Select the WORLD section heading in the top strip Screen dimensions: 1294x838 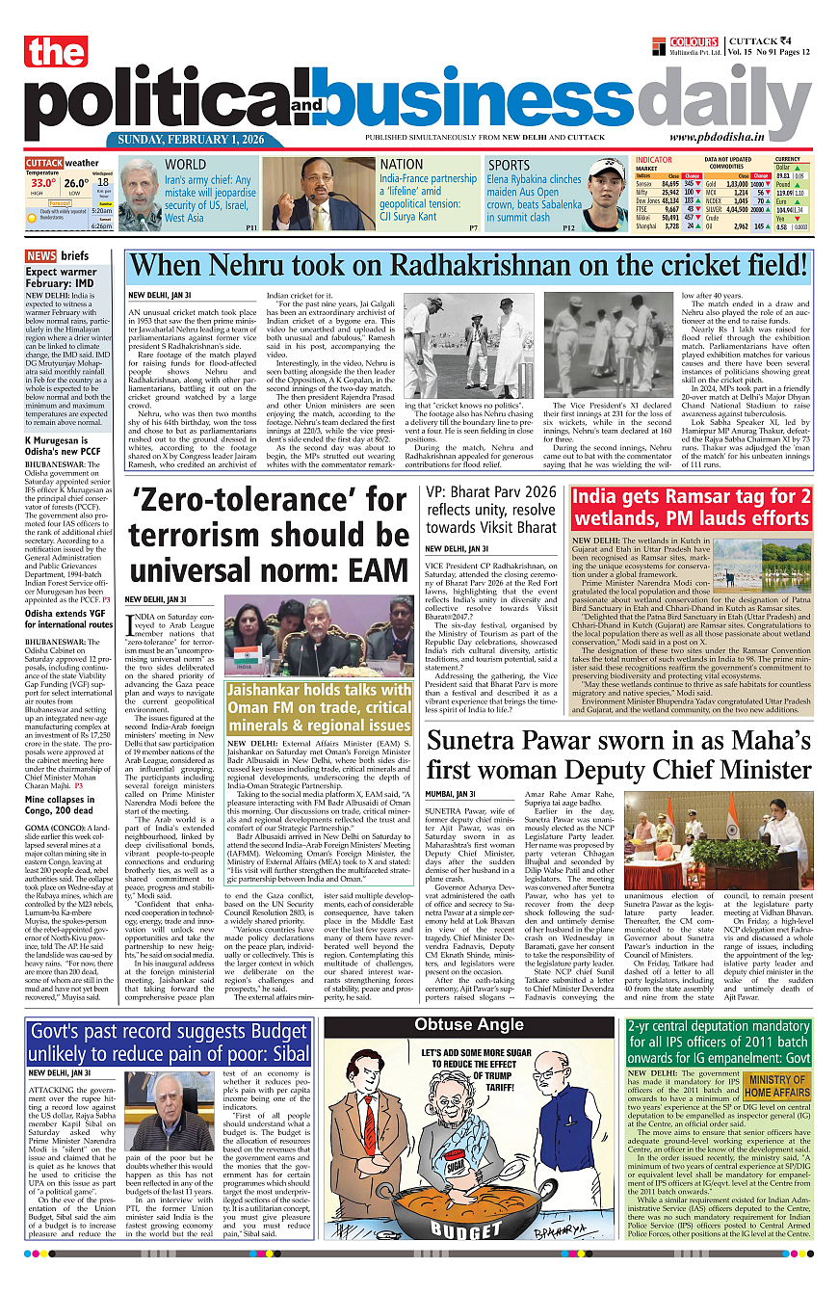click(x=186, y=165)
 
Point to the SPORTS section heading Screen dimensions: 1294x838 click(x=510, y=165)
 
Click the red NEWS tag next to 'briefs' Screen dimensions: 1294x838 click(x=40, y=256)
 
